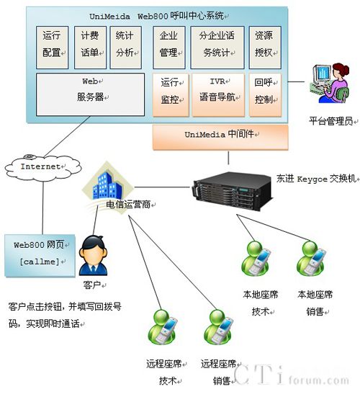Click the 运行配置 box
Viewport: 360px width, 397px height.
tap(52, 48)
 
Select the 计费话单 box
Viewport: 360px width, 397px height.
tap(90, 48)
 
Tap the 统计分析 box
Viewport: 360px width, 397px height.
tap(126, 48)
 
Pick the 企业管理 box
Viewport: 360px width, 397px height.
tap(169, 48)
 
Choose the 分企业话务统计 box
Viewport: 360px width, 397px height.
tap(217, 48)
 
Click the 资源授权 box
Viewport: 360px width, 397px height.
tap(265, 48)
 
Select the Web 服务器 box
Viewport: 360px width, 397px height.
tap(90, 94)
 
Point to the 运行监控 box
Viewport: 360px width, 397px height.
tap(171, 95)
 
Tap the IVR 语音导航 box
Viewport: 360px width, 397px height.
tap(218, 95)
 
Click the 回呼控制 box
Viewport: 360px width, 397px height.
tap(266, 95)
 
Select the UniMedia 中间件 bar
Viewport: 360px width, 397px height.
tap(220, 137)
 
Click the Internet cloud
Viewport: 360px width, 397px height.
tap(43, 168)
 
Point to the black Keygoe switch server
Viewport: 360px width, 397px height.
tap(233, 190)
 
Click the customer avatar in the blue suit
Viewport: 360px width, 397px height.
tap(93, 255)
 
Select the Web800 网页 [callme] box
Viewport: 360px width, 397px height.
tap(40, 255)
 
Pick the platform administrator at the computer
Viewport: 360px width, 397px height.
tap(330, 83)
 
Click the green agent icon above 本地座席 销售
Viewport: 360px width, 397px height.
tap(311, 258)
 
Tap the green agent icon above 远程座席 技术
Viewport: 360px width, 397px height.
tap(163, 327)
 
